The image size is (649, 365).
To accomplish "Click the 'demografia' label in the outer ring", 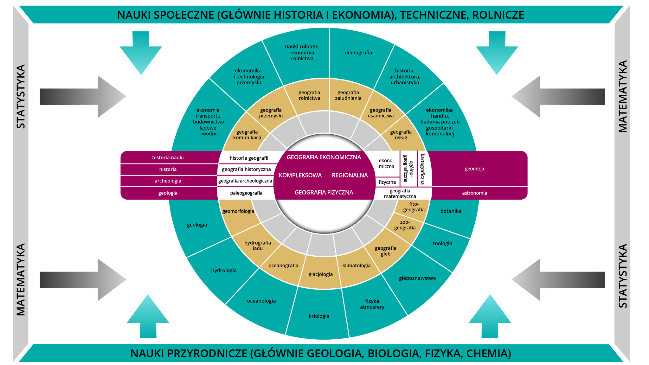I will coord(358,53).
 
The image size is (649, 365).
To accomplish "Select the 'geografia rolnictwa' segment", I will coord(309,95).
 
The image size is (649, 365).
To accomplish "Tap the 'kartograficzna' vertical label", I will coord(422,169).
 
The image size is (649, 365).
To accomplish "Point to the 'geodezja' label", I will coord(474,169).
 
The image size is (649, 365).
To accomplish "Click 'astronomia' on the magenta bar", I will coord(474,193).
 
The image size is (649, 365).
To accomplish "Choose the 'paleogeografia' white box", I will coord(246,193).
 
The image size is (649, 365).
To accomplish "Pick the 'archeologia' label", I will coord(168,181).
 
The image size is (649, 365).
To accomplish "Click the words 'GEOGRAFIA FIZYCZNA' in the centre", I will coord(324,192).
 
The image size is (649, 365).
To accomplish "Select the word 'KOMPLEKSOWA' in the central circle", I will coord(300,175).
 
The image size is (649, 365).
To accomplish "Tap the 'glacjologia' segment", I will coord(320,274).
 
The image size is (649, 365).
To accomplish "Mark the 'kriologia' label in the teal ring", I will coord(319,316).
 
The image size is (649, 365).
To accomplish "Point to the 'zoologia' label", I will coord(442,244).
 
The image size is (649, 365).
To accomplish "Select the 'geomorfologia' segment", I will coord(238,211).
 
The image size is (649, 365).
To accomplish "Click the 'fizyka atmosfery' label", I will coord(372,304).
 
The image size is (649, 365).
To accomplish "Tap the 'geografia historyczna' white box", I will coord(246,170).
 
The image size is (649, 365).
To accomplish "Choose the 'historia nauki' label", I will coord(168,158).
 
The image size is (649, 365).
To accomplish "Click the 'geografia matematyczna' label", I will coord(400,194).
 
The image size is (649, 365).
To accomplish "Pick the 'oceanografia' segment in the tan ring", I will coord(283,266).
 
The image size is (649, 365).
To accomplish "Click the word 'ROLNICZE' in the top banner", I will coord(498,15).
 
